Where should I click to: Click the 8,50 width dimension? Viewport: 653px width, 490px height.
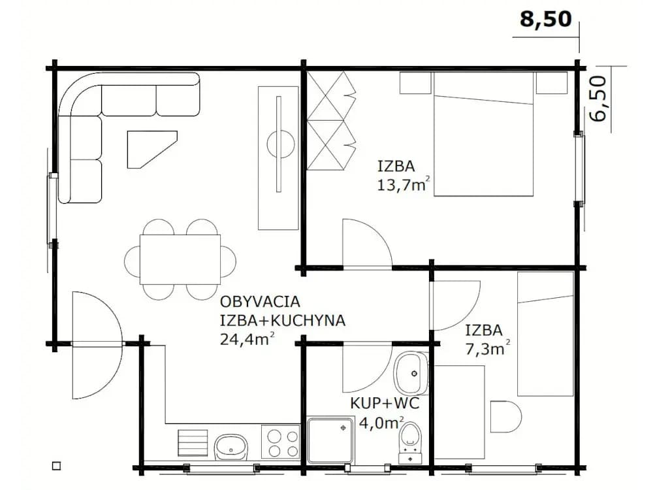coord(545,19)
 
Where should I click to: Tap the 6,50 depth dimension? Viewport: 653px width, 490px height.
coord(598,99)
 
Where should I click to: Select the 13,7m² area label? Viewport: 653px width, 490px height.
coord(403,184)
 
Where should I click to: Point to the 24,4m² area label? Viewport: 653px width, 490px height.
coord(247,338)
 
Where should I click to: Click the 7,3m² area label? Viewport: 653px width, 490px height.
coord(487,348)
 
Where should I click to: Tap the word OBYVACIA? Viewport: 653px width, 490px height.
coord(260,301)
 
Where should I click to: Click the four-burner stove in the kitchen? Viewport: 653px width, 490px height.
coord(280,443)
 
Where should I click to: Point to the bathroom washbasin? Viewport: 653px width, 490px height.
coord(411,373)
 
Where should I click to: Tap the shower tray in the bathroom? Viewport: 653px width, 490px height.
coord(331,440)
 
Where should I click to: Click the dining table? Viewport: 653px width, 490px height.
coord(180,259)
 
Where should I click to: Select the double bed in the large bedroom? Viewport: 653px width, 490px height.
coord(483,134)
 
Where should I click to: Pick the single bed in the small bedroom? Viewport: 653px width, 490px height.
coord(545,334)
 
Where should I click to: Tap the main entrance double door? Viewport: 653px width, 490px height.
coord(97,345)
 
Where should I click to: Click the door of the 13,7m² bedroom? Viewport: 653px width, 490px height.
coord(367,244)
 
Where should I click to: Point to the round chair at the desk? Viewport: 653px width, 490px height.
coord(505,417)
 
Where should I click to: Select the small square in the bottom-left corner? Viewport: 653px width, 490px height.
coord(56,466)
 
